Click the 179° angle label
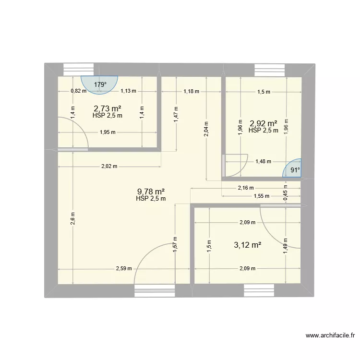coord(100,85)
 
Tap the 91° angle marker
coord(294,169)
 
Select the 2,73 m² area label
coord(107,108)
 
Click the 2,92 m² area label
coord(263,123)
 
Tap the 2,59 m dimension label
coord(124,269)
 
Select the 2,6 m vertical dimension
coord(72,217)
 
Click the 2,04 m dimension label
coord(206,129)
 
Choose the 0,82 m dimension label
coord(78,91)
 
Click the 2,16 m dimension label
coord(246,188)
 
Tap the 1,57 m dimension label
coord(175,244)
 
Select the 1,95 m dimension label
coord(108,133)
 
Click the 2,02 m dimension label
coord(109,167)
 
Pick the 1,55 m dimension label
coord(261,196)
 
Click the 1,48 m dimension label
coord(263,162)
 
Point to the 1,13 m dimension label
coord(128,91)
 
